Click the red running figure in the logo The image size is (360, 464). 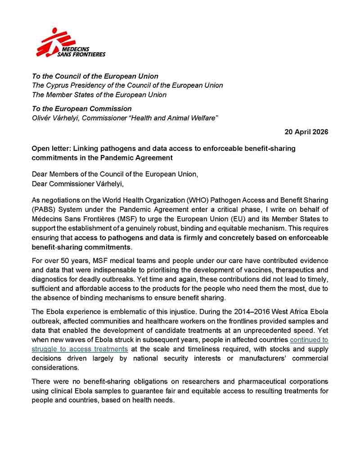pos(50,41)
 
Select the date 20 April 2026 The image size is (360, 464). pos(306,132)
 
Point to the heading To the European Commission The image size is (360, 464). pos(81,109)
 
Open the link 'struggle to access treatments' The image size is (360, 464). pos(80,349)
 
